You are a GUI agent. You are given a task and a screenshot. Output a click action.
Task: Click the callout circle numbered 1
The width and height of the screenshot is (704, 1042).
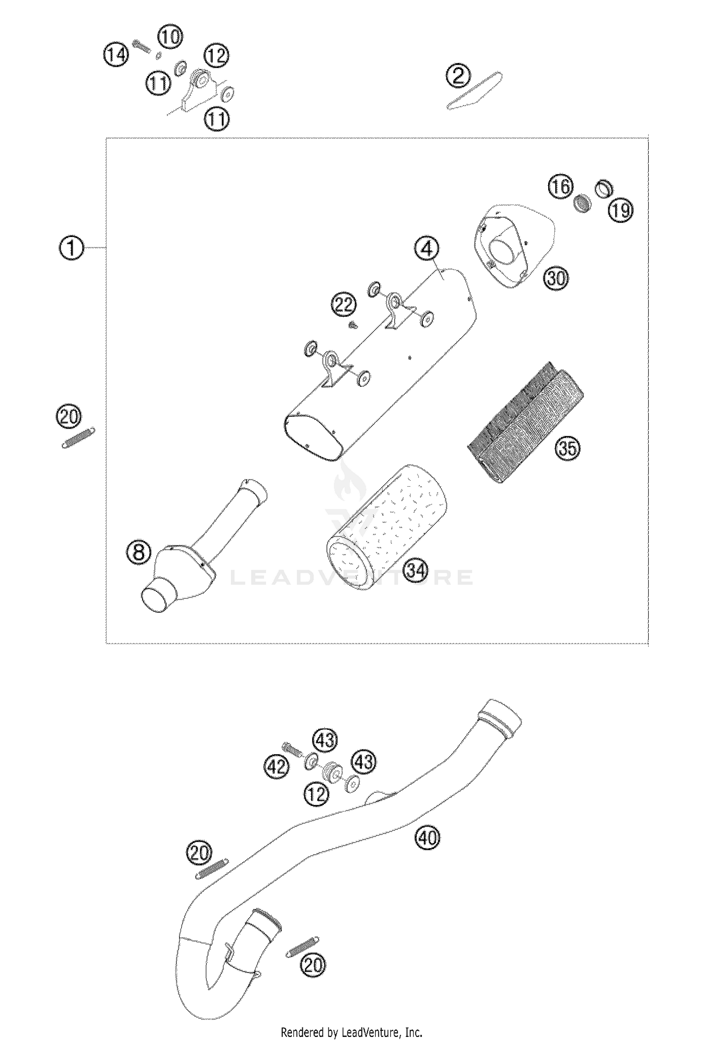[x=71, y=247]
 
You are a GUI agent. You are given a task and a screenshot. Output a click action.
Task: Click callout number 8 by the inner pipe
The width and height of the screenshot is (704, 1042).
[x=139, y=552]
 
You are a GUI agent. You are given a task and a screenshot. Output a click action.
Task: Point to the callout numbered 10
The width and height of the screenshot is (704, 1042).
[x=170, y=37]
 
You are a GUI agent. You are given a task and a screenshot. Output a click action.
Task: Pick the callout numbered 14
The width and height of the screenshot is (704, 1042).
[x=116, y=55]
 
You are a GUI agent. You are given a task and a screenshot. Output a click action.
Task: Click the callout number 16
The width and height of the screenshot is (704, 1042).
[x=561, y=187]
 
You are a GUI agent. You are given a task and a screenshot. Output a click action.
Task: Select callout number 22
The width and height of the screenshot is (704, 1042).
[x=344, y=305]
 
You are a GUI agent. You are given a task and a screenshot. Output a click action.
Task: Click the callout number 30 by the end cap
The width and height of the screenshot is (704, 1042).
[x=556, y=278]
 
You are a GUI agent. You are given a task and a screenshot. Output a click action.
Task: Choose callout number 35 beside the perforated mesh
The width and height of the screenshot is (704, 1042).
[x=567, y=448]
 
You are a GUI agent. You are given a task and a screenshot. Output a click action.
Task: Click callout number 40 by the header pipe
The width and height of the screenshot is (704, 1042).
[x=427, y=838]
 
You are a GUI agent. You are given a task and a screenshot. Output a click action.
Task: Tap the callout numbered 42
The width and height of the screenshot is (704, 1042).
[x=276, y=767]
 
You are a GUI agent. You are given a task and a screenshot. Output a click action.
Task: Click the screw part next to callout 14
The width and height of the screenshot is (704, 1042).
[x=141, y=46]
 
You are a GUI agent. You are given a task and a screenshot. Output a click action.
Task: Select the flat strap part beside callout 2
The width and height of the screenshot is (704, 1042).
[x=474, y=91]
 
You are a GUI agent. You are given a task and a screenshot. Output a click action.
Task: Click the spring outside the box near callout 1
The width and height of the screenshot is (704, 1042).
[x=78, y=437]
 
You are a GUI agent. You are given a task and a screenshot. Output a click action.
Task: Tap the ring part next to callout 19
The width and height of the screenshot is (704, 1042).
[x=604, y=188]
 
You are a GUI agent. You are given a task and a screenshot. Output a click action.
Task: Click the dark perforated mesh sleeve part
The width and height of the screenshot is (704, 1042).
[x=526, y=422]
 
